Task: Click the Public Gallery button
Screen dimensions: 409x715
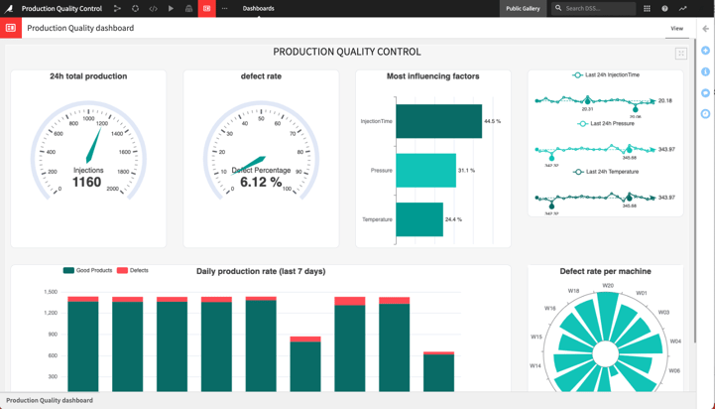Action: [523, 8]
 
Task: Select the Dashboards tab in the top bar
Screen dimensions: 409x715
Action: [259, 8]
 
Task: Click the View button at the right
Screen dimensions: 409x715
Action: [676, 29]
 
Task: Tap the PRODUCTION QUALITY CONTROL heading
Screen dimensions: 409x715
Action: [347, 52]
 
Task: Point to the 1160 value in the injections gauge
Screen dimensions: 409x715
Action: [87, 183]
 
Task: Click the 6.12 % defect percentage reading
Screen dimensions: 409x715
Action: [261, 183]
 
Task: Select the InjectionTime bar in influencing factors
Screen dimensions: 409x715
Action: [438, 121]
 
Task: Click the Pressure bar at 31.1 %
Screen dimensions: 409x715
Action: [425, 171]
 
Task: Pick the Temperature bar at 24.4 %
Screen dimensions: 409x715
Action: [419, 219]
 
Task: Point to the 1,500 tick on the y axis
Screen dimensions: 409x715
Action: [51, 292]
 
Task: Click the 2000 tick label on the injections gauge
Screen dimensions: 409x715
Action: [112, 189]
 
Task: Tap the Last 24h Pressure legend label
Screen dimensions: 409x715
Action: [612, 124]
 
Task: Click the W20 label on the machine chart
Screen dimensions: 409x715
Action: [608, 286]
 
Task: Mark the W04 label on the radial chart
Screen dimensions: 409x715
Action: [675, 341]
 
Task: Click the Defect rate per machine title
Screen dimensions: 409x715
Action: [605, 271]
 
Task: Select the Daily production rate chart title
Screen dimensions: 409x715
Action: [261, 271]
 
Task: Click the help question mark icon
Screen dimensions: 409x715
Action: [664, 8]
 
